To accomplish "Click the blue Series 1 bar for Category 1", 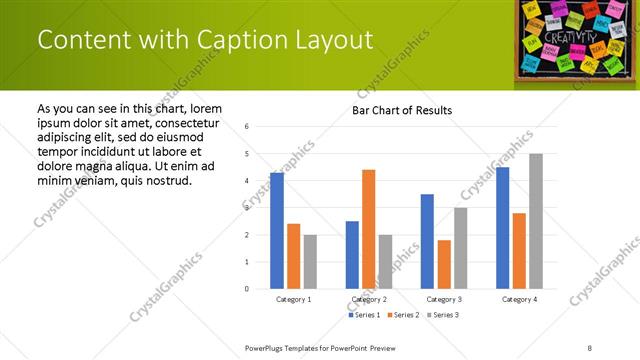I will [277, 231].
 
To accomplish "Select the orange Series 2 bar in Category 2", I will [369, 229].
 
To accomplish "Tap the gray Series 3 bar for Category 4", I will [536, 221].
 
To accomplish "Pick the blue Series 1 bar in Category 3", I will [428, 241].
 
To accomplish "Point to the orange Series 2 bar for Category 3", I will [444, 264].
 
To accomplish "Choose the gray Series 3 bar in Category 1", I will [310, 262].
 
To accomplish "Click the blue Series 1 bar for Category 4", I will [503, 228].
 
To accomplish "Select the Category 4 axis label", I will [519, 299].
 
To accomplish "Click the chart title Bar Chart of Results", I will [402, 110].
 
